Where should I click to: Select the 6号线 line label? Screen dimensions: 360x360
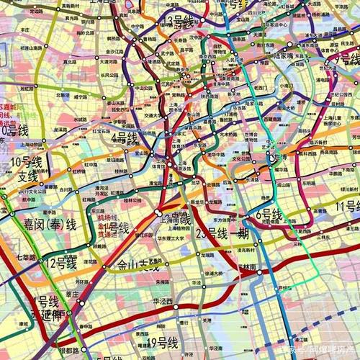tap(269, 214)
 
